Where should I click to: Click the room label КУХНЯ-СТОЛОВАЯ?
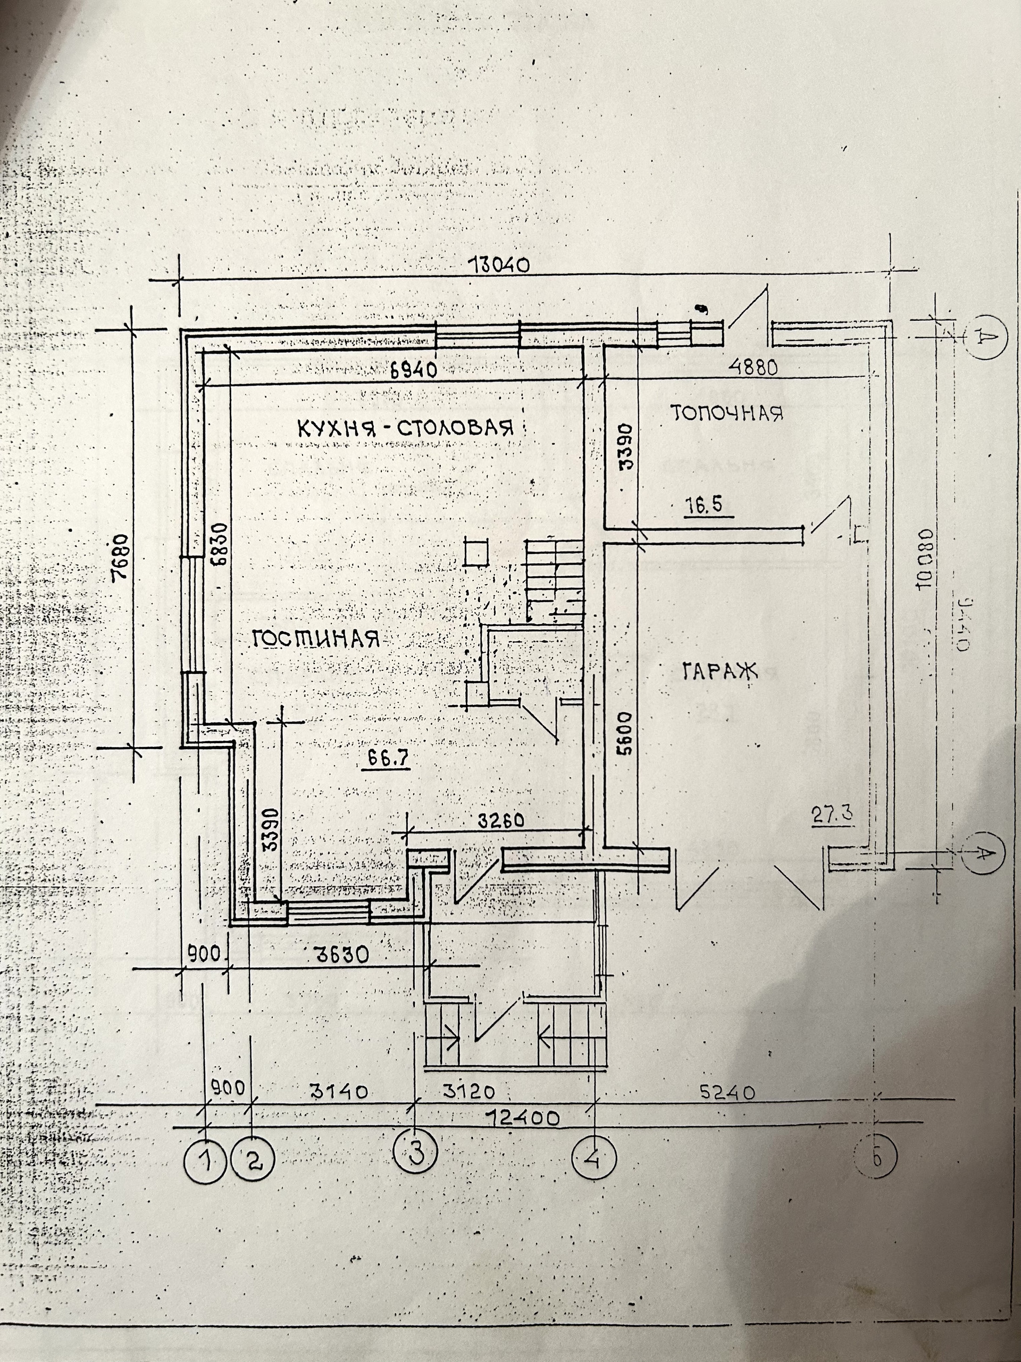coord(406,427)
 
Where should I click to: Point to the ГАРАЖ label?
coord(719,670)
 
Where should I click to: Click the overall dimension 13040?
coord(499,265)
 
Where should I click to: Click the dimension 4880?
coord(754,368)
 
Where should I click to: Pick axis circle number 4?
coord(593,1158)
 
